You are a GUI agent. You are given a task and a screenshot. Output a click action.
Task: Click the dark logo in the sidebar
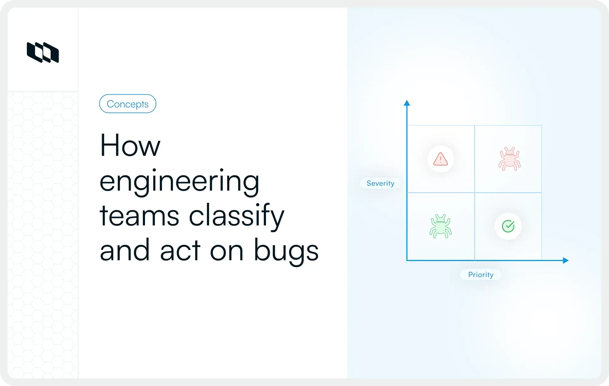coord(43,53)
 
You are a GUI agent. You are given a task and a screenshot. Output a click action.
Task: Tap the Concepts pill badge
coord(128,104)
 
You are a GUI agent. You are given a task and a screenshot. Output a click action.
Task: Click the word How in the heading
coord(130,146)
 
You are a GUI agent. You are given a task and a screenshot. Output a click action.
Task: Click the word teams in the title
coord(139,216)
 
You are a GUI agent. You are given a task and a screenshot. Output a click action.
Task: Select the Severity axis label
coord(380,183)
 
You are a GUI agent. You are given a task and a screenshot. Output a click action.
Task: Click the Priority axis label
coord(481,275)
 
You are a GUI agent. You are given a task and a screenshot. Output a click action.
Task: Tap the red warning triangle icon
coord(440,159)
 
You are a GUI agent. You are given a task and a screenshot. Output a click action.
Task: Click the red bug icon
coord(510,159)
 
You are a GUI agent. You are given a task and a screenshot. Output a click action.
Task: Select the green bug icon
coord(441,226)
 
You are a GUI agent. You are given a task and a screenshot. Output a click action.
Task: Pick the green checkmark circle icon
coord(508,226)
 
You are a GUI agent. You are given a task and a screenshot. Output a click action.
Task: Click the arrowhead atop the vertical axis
coord(407,103)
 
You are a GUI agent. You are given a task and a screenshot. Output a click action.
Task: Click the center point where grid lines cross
coord(474,193)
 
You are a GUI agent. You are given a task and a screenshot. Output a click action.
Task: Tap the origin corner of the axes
coord(407,260)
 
